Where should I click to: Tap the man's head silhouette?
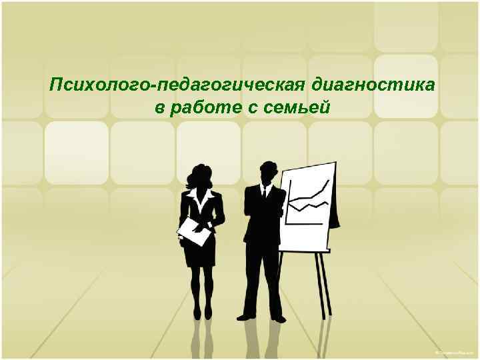pos(268,171)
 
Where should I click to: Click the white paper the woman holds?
pos(194,231)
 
